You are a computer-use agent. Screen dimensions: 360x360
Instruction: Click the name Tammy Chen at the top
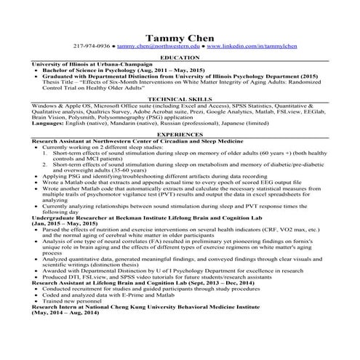(x=180, y=37)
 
